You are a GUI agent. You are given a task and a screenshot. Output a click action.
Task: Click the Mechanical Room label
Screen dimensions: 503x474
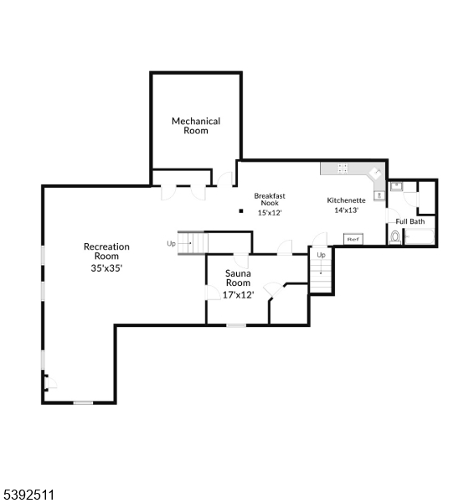(196, 126)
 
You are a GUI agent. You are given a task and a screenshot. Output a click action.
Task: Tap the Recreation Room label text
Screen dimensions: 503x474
(106, 251)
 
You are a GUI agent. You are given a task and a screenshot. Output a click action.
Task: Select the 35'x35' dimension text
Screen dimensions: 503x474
(106, 268)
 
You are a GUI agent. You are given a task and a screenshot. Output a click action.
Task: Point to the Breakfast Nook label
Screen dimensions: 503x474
(270, 199)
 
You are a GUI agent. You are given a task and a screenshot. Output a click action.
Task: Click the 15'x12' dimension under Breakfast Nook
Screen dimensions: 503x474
(270, 212)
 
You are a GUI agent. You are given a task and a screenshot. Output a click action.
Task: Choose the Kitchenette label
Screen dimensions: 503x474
(346, 200)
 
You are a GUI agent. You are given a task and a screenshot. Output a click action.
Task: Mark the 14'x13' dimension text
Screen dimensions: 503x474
(346, 210)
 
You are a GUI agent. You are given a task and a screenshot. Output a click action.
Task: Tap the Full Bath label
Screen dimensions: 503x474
(410, 221)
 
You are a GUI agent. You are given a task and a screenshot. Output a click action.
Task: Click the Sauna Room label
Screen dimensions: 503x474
(238, 278)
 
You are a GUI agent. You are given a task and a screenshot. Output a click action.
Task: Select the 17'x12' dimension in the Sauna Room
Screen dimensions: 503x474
(238, 294)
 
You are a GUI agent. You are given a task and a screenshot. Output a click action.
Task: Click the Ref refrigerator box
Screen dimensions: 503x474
(353, 240)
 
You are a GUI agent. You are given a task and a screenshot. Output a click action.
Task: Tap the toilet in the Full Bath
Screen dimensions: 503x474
(394, 237)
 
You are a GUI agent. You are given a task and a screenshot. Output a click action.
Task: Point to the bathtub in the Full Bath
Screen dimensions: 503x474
(419, 238)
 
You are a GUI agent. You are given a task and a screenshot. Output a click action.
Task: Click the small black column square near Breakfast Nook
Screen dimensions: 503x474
(240, 211)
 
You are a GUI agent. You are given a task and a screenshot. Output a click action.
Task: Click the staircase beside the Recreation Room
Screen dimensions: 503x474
(192, 242)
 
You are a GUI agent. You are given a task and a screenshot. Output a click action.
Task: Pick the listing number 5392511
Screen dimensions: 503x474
(28, 495)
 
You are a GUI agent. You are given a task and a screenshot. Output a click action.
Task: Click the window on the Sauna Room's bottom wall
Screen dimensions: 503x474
(237, 324)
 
